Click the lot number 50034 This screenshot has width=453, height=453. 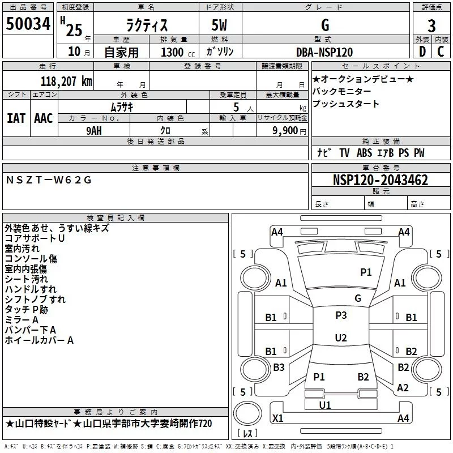point(28,24)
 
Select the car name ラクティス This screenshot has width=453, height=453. point(146,25)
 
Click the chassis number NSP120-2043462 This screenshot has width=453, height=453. point(380,181)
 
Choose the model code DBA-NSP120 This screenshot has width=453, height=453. point(324,52)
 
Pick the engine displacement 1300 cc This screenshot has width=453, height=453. point(175,52)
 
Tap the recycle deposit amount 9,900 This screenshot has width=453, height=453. point(285,130)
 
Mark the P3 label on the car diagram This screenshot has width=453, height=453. point(341,315)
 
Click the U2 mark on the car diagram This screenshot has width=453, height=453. point(341,338)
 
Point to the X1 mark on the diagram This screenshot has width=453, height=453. point(278,418)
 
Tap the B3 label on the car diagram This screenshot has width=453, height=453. point(279,367)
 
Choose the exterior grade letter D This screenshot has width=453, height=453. point(422,52)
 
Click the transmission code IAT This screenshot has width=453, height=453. point(16,118)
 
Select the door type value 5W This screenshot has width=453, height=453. point(221,25)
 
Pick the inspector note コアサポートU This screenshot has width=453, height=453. point(35,238)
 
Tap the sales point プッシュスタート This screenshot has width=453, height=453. point(346,104)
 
